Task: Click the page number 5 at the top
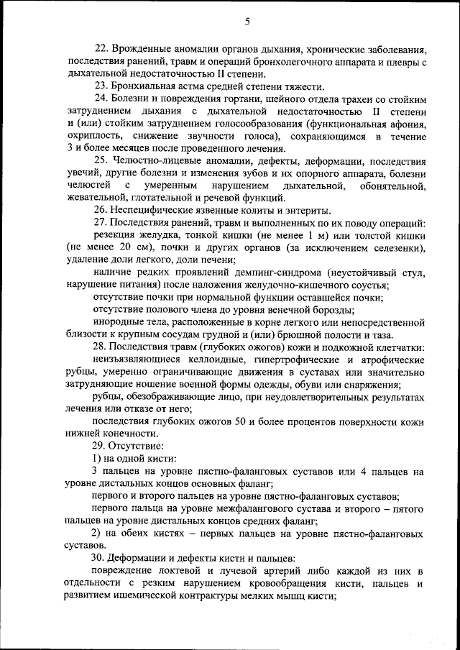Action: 247,22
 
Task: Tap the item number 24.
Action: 101,98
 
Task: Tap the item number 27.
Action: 101,223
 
